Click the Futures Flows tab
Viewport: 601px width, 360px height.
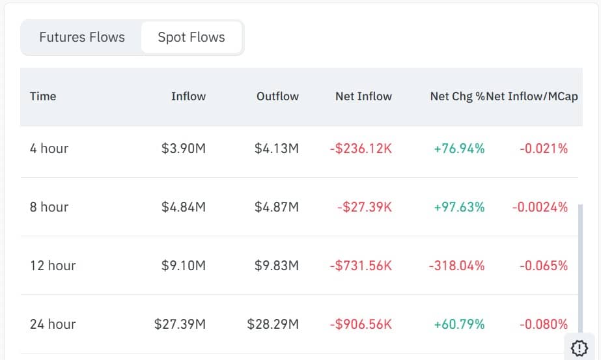[82, 37]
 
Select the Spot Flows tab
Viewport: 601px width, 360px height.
[191, 37]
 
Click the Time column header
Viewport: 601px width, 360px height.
[43, 96]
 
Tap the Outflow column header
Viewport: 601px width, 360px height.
[277, 96]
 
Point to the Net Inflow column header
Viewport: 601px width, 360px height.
[363, 96]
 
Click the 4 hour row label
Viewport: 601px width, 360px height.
[49, 148]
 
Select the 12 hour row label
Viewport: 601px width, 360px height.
[53, 266]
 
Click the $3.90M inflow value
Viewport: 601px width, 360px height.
[184, 148]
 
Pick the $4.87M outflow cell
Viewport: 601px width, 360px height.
[277, 207]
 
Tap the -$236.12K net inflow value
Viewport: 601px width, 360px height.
[361, 148]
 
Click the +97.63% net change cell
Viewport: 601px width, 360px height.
[459, 207]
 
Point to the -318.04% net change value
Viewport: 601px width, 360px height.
[456, 266]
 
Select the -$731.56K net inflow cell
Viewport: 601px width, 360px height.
[361, 266]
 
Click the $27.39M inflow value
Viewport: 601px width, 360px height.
[180, 324]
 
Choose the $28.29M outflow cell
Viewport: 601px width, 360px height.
[273, 324]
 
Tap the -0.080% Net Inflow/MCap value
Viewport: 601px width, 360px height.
[544, 324]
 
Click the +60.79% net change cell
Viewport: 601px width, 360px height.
[459, 324]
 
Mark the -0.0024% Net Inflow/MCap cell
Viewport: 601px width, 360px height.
[540, 207]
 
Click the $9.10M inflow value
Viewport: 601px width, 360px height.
[184, 266]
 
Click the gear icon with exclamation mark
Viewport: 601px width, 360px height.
[579, 347]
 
